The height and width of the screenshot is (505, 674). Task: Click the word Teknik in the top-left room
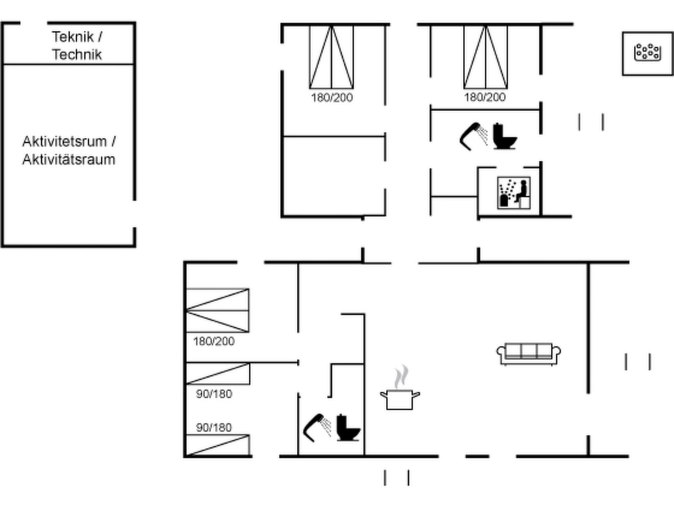(x=73, y=37)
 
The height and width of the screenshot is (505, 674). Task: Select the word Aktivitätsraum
(x=69, y=160)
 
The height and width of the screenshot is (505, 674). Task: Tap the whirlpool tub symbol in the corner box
(x=647, y=53)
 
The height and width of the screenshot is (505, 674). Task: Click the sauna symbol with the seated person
(x=514, y=193)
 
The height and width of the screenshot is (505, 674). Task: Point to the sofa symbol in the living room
(x=529, y=354)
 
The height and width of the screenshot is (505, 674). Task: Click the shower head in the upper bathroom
(x=473, y=136)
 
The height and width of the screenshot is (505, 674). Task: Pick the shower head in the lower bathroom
(x=317, y=427)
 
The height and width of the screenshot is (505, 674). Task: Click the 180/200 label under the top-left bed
(x=332, y=98)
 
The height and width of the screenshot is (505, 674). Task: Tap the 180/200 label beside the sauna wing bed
(x=485, y=97)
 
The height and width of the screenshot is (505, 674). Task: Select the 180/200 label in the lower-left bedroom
(x=214, y=342)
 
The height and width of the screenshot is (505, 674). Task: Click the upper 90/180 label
(x=214, y=394)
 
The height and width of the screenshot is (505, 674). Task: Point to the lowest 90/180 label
(x=214, y=427)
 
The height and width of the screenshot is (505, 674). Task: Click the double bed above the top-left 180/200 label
(x=331, y=58)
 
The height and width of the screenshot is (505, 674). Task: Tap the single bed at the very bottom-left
(x=218, y=445)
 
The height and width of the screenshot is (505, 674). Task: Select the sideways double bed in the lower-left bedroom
(x=218, y=310)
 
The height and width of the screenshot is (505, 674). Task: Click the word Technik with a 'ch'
(x=77, y=55)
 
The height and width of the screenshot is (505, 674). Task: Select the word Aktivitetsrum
(x=65, y=142)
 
